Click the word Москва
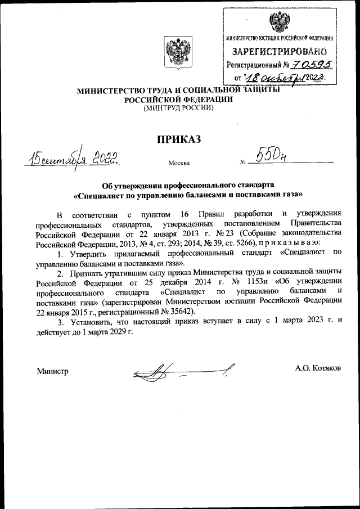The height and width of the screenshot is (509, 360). [x=178, y=164]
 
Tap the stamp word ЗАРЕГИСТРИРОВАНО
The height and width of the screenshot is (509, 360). [x=279, y=52]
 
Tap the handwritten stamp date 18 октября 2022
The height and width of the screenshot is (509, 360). [x=287, y=77]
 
